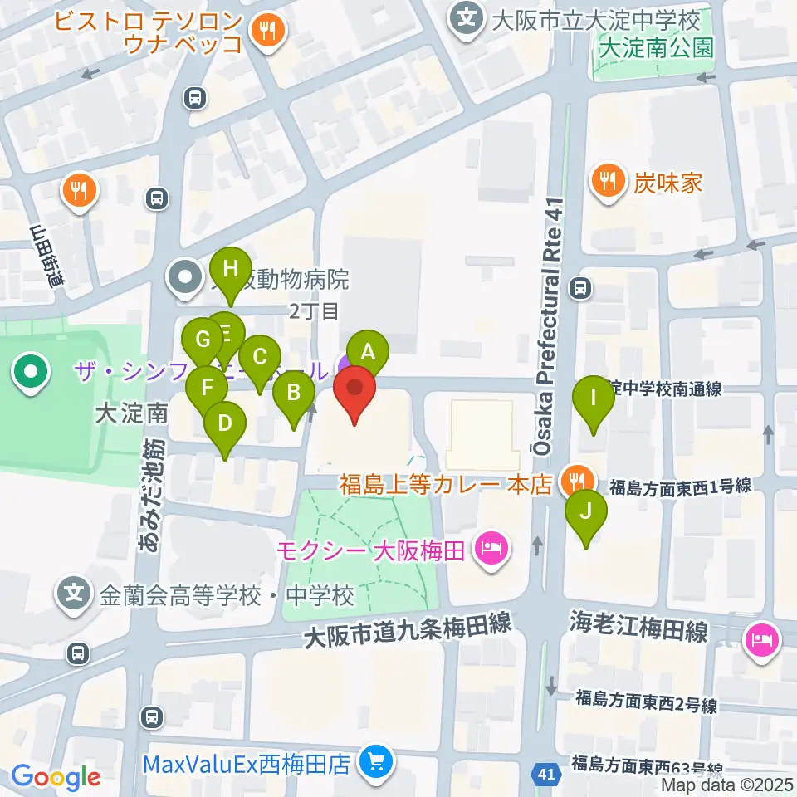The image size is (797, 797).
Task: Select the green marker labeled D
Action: pos(225,423)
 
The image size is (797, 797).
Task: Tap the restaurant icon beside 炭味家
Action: pos(609,181)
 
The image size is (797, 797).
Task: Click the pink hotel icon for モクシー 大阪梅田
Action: pos(491,549)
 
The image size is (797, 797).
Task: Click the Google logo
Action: pos(56,777)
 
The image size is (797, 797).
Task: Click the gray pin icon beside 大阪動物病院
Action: pos(184,277)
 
